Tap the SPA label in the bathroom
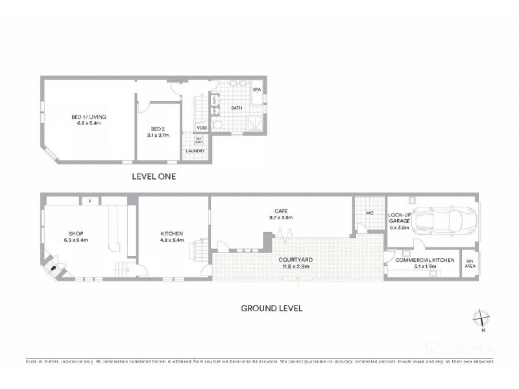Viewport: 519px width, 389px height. (257, 89)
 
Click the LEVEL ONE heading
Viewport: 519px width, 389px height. (154, 176)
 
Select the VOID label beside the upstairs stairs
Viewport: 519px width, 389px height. (202, 128)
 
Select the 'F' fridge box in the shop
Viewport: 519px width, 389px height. (90, 201)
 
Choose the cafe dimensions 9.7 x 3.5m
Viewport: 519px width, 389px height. (282, 218)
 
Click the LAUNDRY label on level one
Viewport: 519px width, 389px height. (195, 151)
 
